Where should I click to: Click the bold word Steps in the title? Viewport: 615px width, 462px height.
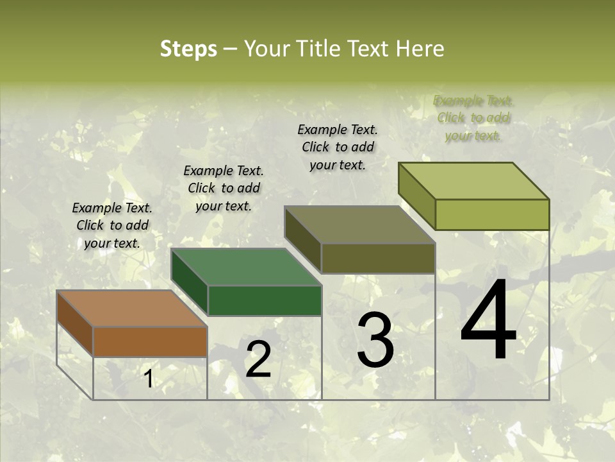pos(188,49)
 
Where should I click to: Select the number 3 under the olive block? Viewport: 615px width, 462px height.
pos(375,341)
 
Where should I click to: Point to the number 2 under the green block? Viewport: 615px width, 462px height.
pos(258,360)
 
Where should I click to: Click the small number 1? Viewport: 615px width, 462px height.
pos(149,379)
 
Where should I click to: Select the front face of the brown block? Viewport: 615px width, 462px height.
pos(150,342)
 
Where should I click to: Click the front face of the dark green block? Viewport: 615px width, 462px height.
pos(265,300)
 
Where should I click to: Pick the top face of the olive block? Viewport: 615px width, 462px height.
pos(359,225)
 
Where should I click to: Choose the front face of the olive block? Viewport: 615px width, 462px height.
pos(378,258)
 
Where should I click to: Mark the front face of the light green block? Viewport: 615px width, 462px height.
pos(492,214)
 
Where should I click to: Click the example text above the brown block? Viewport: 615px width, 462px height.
pos(112,225)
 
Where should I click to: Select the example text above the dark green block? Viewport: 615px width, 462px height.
pos(224,188)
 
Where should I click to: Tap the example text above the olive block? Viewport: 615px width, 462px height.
pos(338,147)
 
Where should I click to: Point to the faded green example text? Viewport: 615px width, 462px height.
pos(473,118)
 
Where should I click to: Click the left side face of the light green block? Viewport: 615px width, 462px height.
pos(417,196)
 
